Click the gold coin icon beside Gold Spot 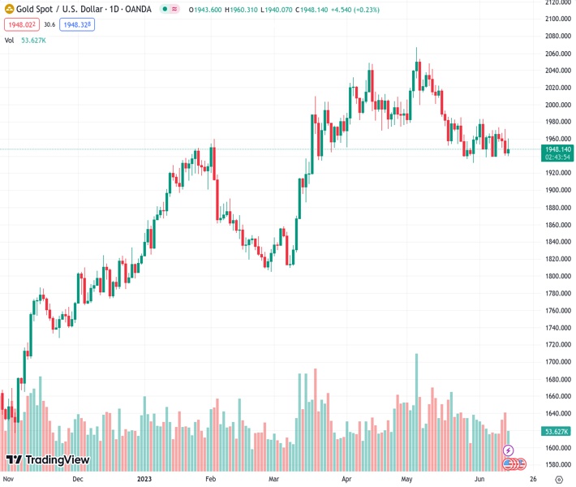click(x=9, y=9)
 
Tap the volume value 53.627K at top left click(x=33, y=40)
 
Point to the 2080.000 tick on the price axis click(x=557, y=36)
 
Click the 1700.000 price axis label click(x=557, y=362)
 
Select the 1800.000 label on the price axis click(x=557, y=276)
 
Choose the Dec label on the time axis click(x=77, y=479)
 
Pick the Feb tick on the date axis click(x=211, y=479)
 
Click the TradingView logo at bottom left click(x=47, y=460)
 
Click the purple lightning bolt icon click(x=509, y=450)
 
